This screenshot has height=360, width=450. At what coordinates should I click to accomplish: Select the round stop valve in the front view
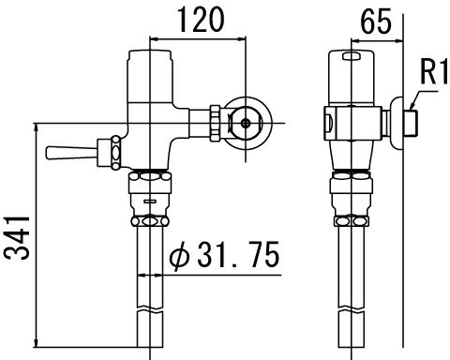(246, 121)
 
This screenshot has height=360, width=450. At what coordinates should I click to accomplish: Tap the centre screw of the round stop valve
(246, 121)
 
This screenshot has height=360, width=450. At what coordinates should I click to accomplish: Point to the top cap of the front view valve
(151, 61)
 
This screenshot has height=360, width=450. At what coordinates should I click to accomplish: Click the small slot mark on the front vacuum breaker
(150, 201)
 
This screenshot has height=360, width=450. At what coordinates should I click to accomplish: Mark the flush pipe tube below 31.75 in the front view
(151, 309)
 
